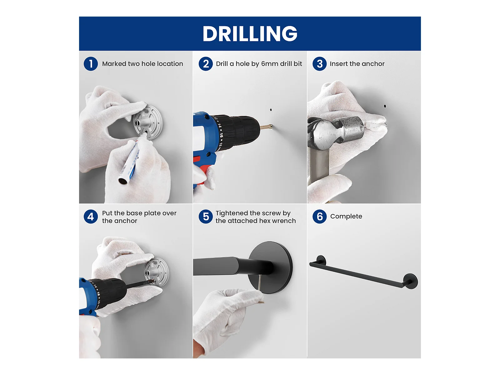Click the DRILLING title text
pyautogui.click(x=250, y=33)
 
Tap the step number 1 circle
pyautogui.click(x=91, y=64)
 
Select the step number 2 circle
pyautogui.click(x=206, y=64)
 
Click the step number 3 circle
pyautogui.click(x=320, y=64)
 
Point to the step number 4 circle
pyautogui.click(x=91, y=217)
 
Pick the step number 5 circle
pyautogui.click(x=206, y=217)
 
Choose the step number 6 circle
pyautogui.click(x=320, y=217)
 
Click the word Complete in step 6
pyautogui.click(x=346, y=217)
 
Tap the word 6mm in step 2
pyautogui.click(x=267, y=64)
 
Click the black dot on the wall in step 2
pyautogui.click(x=271, y=110)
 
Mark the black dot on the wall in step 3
pyautogui.click(x=385, y=106)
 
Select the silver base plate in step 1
pyautogui.click(x=148, y=122)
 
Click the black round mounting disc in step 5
pyautogui.click(x=270, y=267)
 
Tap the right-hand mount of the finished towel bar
pyautogui.click(x=410, y=281)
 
